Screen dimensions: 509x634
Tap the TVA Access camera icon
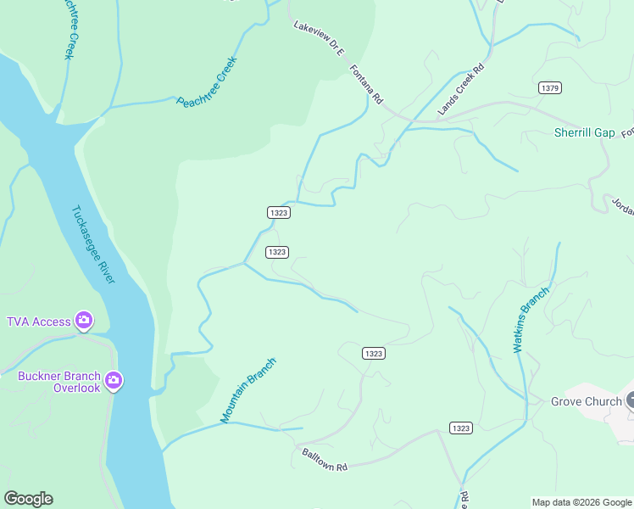(83, 321)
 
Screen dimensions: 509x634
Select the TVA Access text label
(39, 322)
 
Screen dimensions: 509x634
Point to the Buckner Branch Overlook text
(58, 382)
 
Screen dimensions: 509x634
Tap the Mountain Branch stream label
(248, 390)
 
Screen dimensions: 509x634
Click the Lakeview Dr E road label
(319, 39)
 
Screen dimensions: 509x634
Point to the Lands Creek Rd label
(460, 89)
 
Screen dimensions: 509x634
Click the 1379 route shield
(549, 87)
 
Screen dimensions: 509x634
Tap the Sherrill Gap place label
(584, 132)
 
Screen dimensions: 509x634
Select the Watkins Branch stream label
(531, 318)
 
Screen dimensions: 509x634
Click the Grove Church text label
(586, 401)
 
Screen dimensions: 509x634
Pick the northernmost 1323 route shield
(278, 212)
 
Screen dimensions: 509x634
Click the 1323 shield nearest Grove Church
(461, 428)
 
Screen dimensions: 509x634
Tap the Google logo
(28, 499)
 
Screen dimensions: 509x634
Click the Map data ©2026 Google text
(581, 502)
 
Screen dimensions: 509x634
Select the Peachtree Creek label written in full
(205, 82)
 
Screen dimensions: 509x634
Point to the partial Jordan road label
(621, 207)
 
